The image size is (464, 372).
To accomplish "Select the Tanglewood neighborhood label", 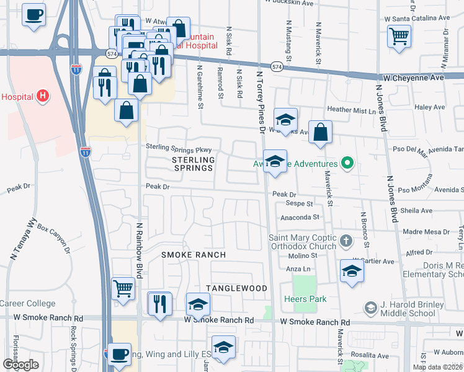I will point(236,288).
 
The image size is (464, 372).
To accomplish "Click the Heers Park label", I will point(308,299).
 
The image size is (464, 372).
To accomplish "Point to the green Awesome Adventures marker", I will point(347,164).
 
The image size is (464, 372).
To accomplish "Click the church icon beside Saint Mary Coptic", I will point(346,240).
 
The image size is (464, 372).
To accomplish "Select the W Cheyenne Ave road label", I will point(413,78).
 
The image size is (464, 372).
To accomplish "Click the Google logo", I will point(20,365).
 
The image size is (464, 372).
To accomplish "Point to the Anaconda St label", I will point(300,218).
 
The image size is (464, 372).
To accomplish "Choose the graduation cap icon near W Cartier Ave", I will point(352,271).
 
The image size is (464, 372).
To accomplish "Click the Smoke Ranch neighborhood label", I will point(194,255).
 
